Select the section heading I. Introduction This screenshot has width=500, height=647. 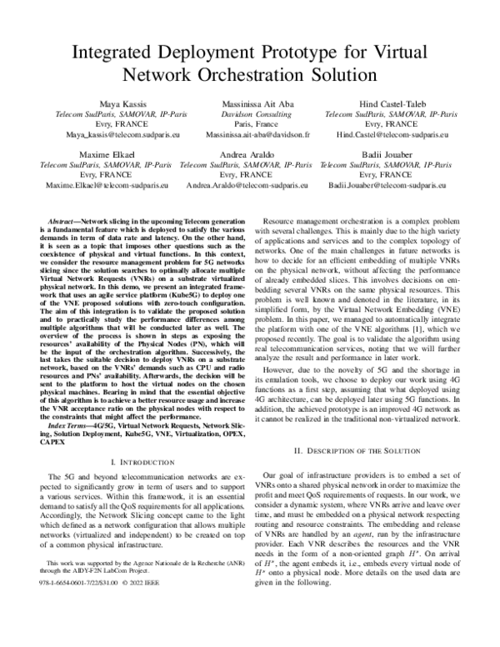[142, 460]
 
